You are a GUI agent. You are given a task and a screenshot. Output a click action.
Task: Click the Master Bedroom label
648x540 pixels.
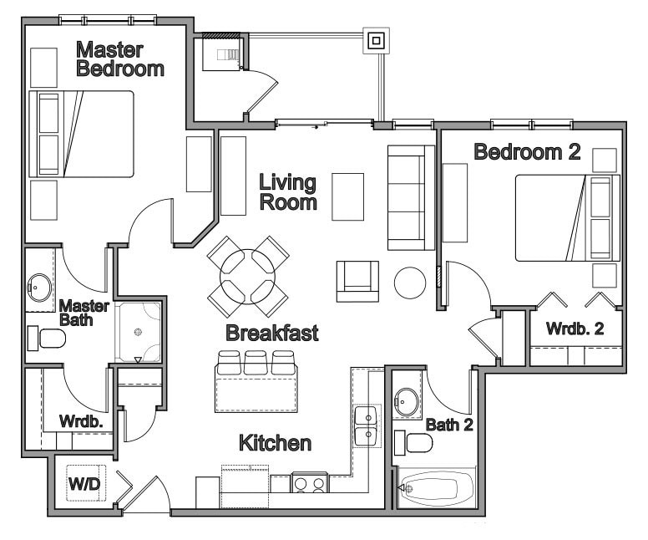pos(119,59)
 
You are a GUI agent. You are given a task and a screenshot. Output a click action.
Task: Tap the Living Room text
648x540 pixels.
pos(287,191)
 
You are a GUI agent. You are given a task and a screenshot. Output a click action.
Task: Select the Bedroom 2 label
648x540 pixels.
pos(515,152)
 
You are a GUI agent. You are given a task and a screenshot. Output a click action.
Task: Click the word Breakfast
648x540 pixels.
pos(272,333)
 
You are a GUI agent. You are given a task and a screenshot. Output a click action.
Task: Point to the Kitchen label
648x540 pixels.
pos(276,442)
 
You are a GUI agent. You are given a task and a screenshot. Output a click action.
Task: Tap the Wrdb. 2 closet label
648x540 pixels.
pos(575,328)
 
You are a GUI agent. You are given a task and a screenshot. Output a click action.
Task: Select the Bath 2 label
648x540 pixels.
pos(449,424)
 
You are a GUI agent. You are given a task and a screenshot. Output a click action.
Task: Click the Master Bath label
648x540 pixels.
pos(84,312)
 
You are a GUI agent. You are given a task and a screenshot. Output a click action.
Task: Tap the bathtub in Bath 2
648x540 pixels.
pos(437,488)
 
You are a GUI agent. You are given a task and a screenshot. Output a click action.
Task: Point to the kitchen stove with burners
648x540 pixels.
pos(310,483)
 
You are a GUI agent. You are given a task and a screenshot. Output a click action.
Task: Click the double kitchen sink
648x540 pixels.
pos(367,425)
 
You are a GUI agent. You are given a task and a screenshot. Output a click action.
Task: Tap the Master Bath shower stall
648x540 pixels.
pos(138,331)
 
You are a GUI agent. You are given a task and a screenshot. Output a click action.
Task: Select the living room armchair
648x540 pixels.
pos(357,281)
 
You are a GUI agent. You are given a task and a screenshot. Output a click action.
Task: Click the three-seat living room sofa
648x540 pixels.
pos(411,197)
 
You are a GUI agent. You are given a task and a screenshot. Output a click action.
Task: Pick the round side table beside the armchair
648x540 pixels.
pos(410,283)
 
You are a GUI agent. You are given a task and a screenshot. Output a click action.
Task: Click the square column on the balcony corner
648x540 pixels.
pos(376,39)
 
